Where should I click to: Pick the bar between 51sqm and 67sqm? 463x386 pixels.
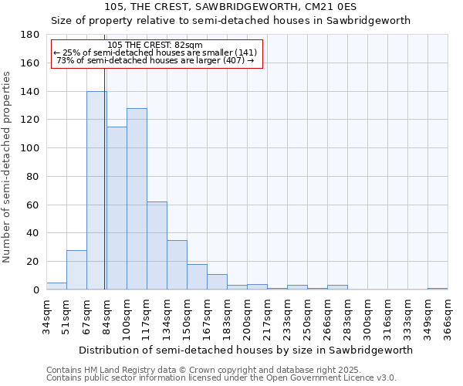pyautogui.click(x=76, y=269)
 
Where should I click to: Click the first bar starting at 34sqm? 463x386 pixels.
pyautogui.click(x=56, y=286)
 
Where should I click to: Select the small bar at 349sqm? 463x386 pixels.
pyautogui.click(x=438, y=288)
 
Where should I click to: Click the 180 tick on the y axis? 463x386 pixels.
pyautogui.click(x=31, y=35)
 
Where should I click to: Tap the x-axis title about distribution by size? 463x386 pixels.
pyautogui.click(x=245, y=350)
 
